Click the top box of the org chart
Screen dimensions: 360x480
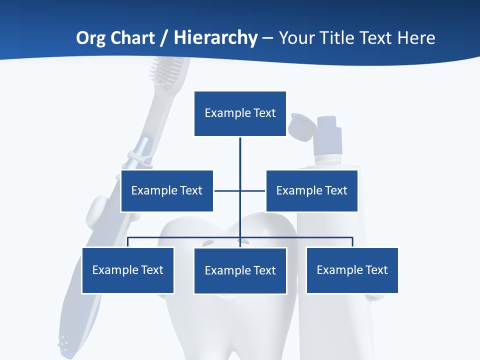point(240,113)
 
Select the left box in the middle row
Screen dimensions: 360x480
point(167,190)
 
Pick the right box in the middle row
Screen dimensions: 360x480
point(311,190)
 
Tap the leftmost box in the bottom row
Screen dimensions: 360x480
point(127,270)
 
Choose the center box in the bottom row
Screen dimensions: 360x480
point(240,270)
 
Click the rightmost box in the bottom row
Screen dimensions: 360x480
point(352,270)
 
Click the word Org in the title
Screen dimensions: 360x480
point(89,38)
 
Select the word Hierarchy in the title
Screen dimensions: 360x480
point(215,38)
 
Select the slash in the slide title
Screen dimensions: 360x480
point(164,38)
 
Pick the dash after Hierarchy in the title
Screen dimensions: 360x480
point(267,38)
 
